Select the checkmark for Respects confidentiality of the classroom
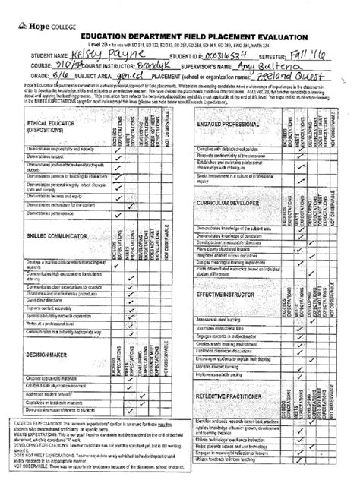pyautogui.click(x=283, y=156)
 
